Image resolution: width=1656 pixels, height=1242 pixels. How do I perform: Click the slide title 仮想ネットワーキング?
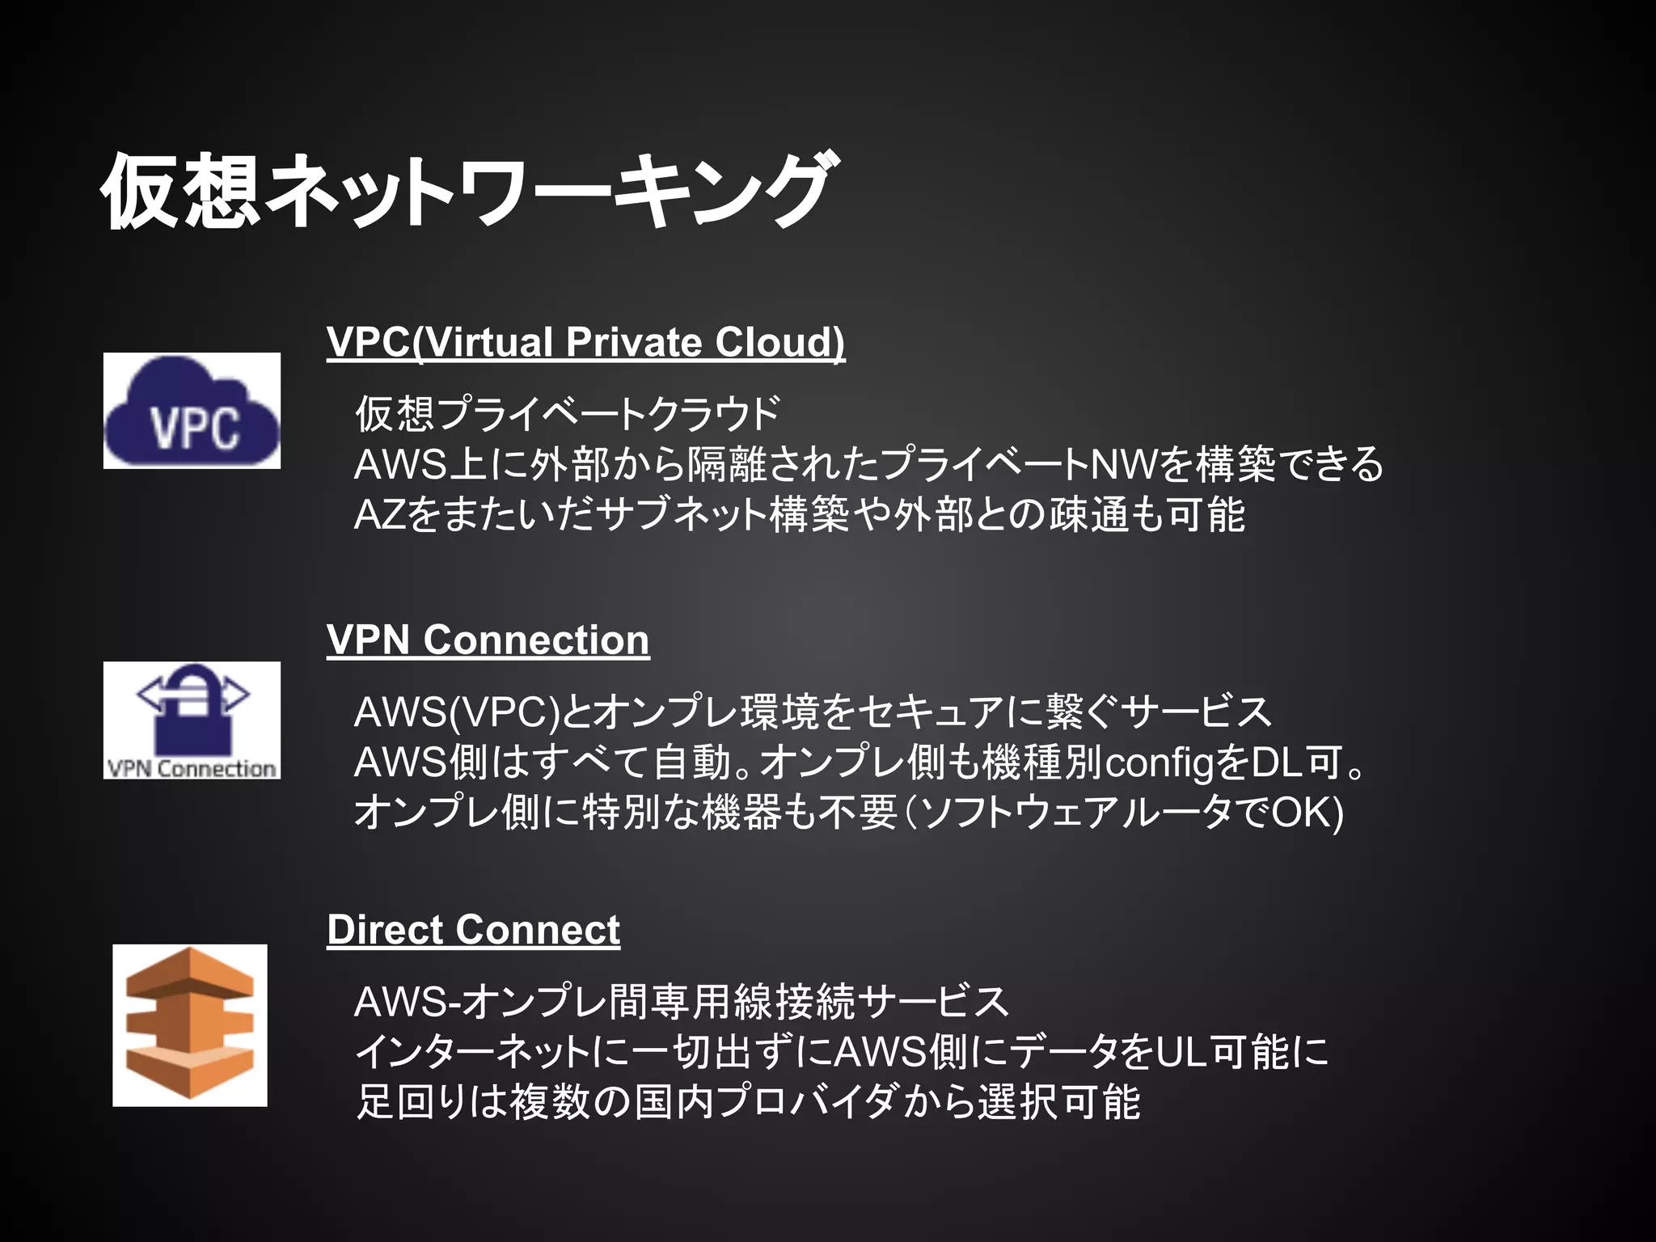point(465,191)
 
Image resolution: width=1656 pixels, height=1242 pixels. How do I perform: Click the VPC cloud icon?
point(192,411)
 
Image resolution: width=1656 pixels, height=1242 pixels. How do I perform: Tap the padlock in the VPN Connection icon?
point(192,712)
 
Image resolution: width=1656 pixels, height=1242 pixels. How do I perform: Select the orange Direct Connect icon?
point(190,1024)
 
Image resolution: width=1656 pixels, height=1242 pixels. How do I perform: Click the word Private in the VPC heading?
point(633,342)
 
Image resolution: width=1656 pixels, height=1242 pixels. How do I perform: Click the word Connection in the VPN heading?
point(536,640)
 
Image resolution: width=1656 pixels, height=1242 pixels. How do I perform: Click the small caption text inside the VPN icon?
point(192,768)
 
